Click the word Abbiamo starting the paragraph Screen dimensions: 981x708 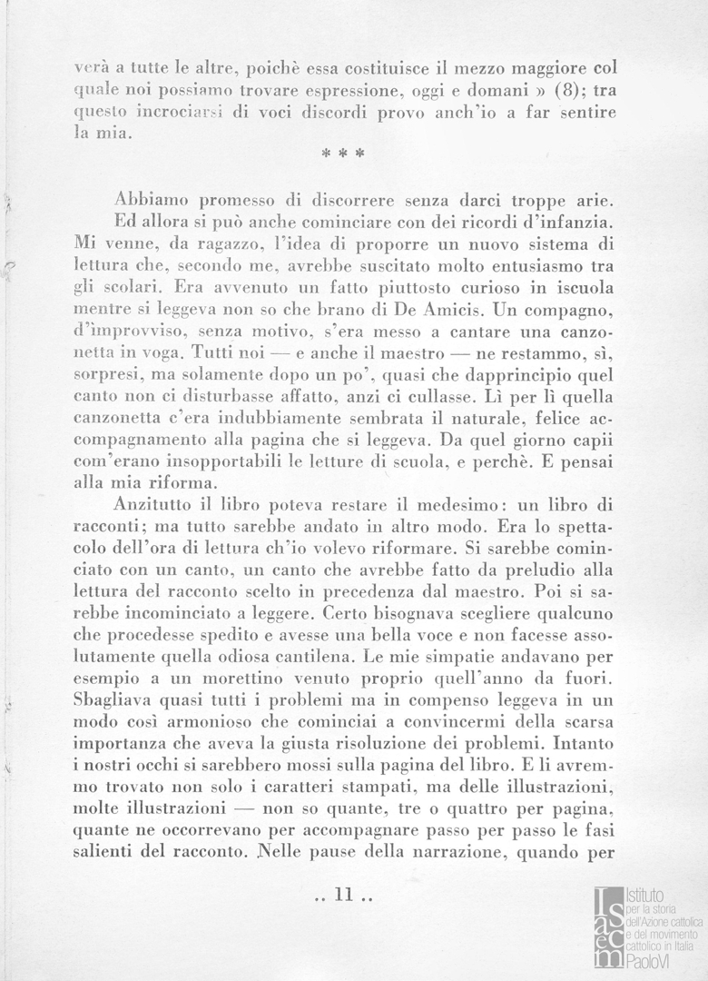(151, 200)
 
